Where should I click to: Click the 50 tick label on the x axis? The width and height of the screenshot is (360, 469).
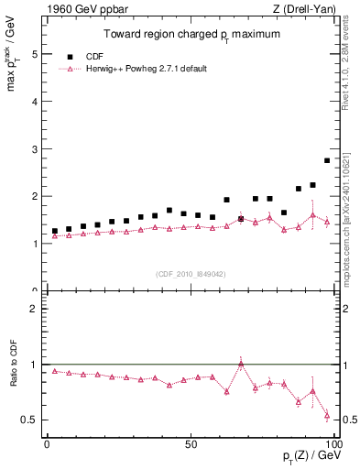[190, 443]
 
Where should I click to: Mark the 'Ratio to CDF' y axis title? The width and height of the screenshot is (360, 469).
[12, 375]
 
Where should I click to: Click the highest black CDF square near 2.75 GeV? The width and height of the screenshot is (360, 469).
[327, 160]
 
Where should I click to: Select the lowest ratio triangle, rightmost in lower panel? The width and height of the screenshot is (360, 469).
[327, 416]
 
